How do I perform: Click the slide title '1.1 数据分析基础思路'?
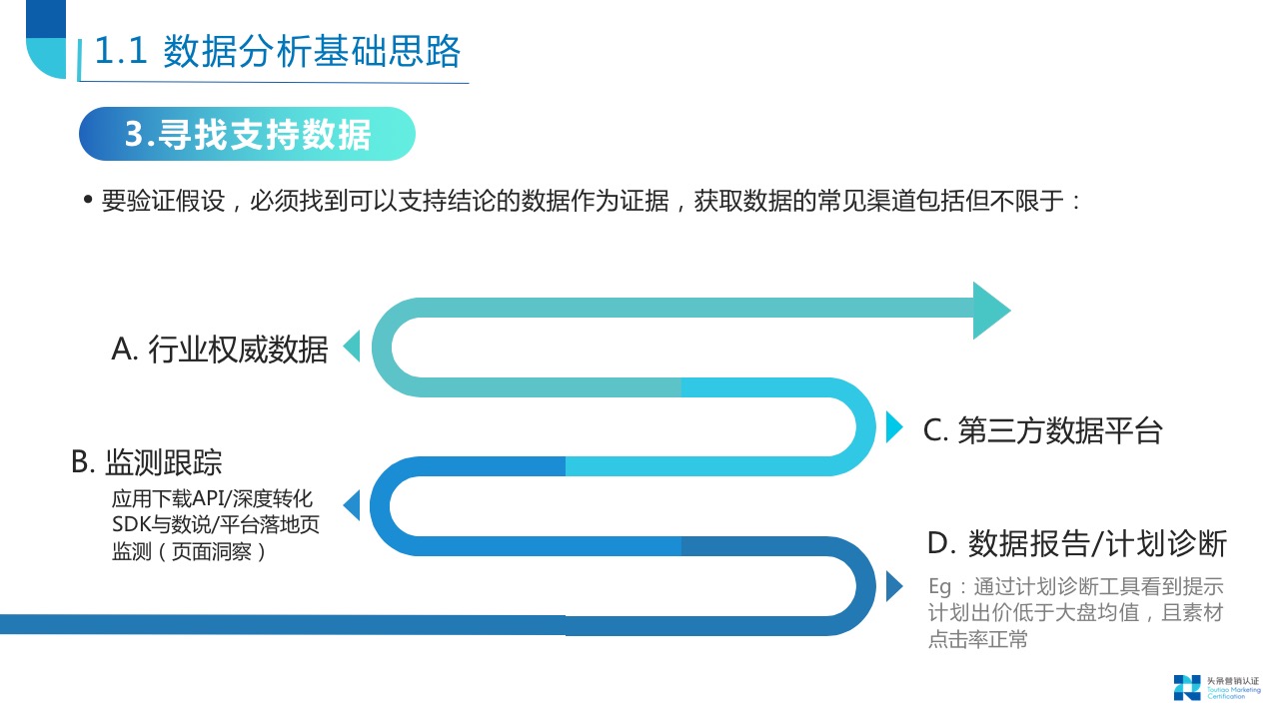coord(277,52)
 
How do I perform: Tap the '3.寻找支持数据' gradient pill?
coord(247,135)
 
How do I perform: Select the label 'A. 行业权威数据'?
coord(220,350)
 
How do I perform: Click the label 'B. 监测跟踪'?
coord(147,462)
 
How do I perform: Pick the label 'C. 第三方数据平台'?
coord(1042,430)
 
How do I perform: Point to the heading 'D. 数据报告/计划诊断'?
coord(1076,544)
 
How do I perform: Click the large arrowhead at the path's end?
coord(990,311)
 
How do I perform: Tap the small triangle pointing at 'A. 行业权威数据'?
coord(352,348)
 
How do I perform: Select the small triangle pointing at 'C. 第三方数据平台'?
coord(894,427)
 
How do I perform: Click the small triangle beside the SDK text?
coord(352,500)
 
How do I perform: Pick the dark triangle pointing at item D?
coord(894,585)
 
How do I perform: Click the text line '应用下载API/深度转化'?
coord(213,499)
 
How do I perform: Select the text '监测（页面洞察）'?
coord(190,551)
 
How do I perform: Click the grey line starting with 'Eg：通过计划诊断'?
coord(1075,587)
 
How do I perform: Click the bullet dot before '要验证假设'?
coord(88,201)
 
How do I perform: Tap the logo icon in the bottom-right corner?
coord(1187,687)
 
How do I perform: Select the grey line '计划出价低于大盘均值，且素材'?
coord(1075,614)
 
